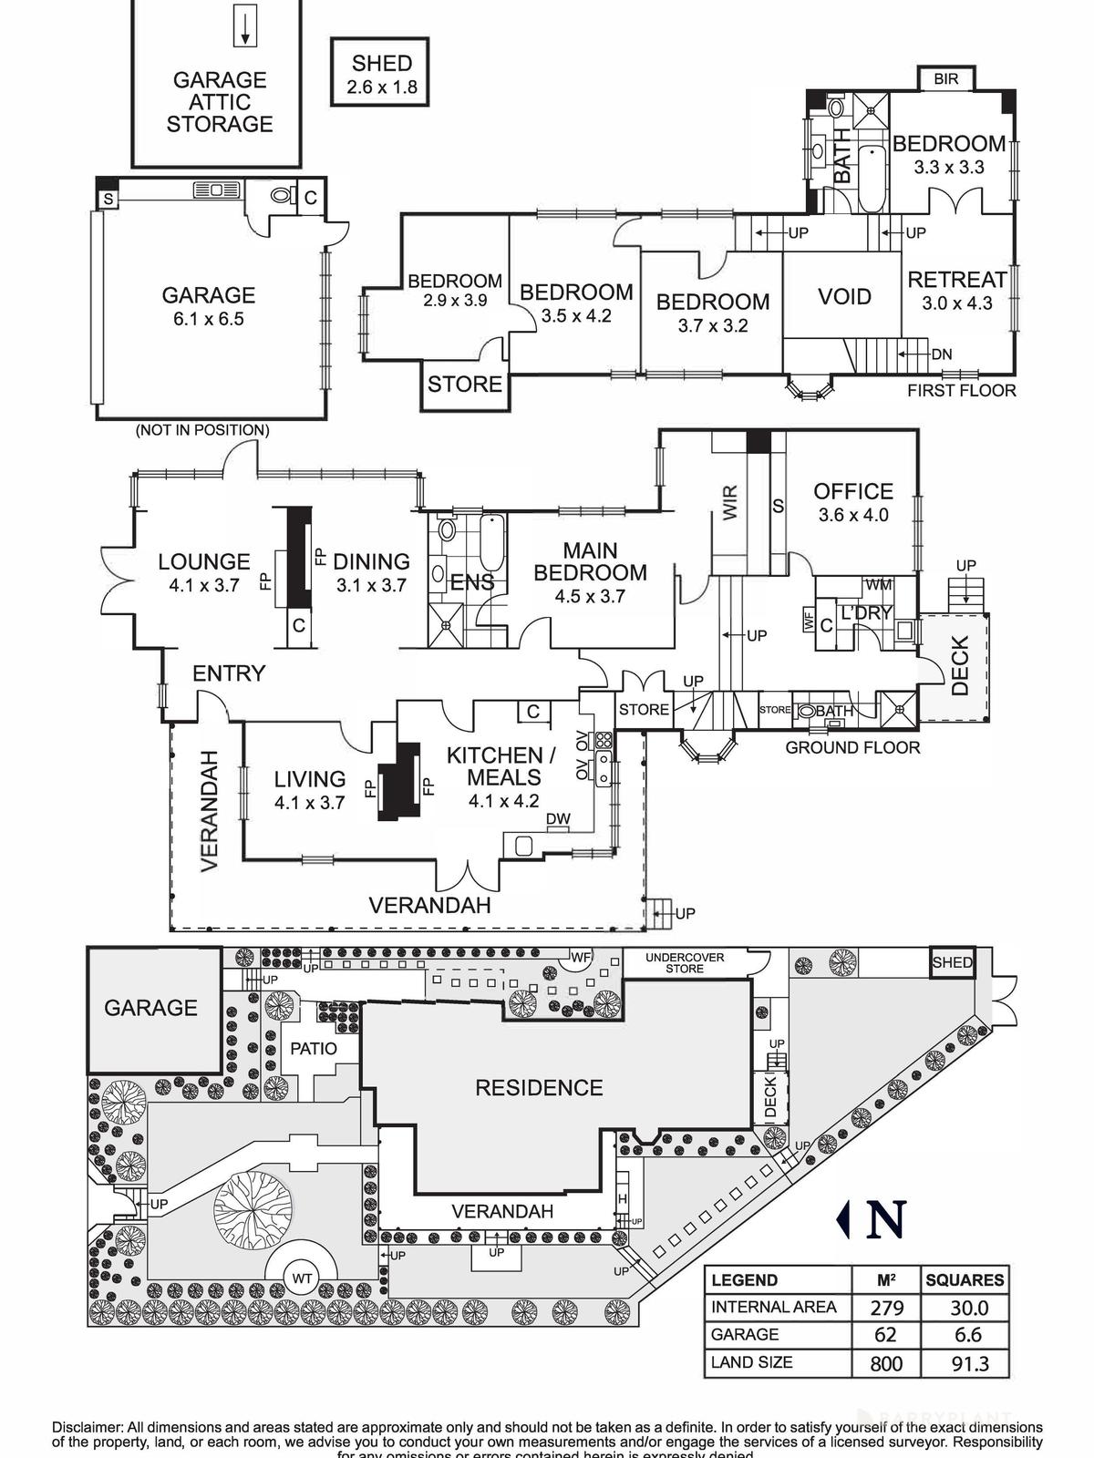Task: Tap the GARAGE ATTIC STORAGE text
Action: tap(219, 102)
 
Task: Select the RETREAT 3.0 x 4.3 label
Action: tap(956, 291)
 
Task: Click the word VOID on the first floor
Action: tap(844, 297)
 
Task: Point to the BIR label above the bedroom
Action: tap(946, 79)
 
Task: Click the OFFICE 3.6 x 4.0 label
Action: tap(852, 502)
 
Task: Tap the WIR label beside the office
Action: tap(730, 504)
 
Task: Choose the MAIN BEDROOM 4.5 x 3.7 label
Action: tap(590, 573)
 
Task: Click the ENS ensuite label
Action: tap(471, 583)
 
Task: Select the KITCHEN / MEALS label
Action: tap(502, 766)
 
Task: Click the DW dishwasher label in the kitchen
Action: tap(558, 819)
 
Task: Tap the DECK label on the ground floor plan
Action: tap(960, 666)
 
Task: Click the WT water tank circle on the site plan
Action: tap(302, 1278)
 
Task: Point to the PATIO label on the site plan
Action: tap(313, 1049)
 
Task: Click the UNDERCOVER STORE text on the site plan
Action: tap(684, 963)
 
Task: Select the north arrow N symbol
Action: tap(873, 1219)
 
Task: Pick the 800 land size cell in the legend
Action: tap(885, 1363)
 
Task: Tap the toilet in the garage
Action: tap(281, 196)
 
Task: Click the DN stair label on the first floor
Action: tap(942, 354)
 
